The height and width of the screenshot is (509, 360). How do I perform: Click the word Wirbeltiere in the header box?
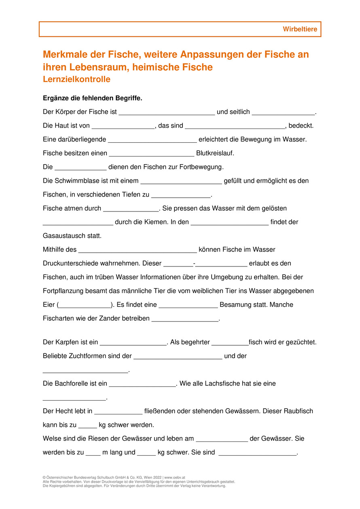(x=300, y=30)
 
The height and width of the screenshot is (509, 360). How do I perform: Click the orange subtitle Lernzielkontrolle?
(x=76, y=79)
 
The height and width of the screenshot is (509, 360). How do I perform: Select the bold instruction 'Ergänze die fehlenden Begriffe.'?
(x=92, y=98)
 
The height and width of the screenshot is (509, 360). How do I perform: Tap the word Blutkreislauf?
(x=215, y=153)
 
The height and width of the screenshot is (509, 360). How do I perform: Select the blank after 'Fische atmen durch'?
(x=131, y=209)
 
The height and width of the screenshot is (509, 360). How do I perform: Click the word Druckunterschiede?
(x=71, y=263)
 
